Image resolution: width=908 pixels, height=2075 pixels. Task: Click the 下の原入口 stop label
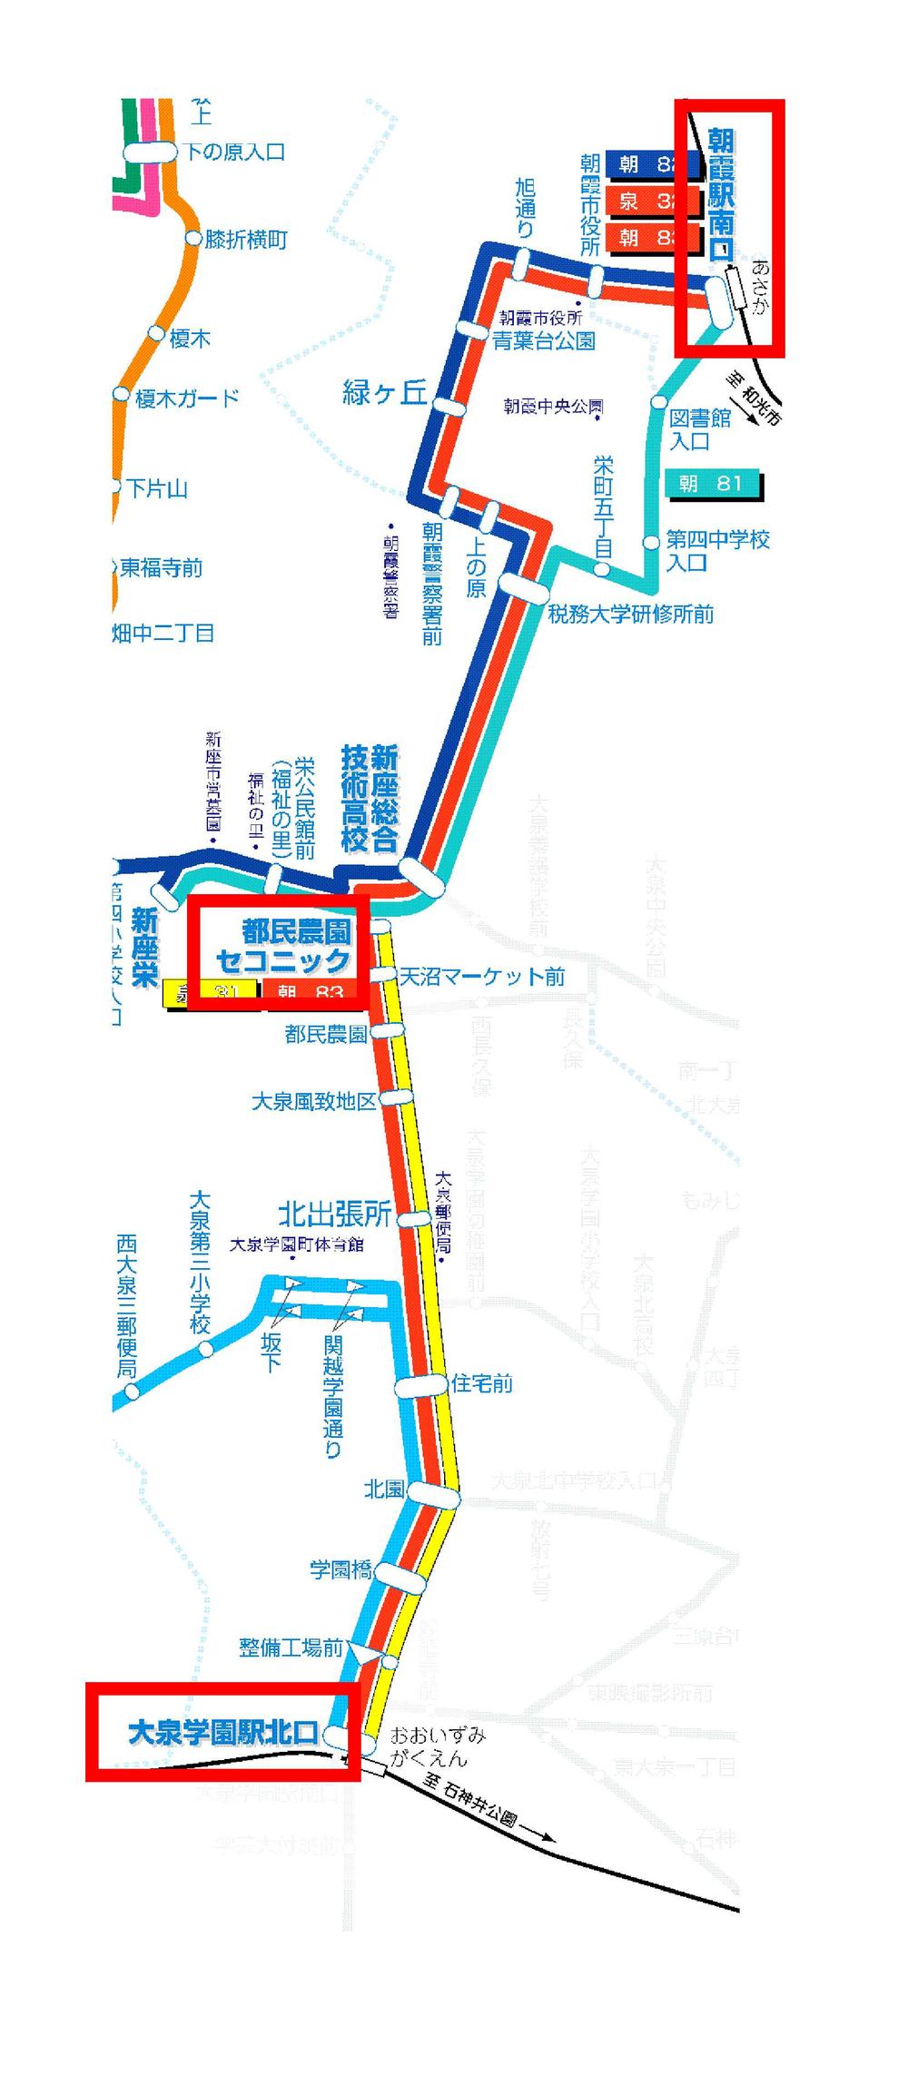click(235, 152)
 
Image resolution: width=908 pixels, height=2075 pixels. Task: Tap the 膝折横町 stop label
click(246, 240)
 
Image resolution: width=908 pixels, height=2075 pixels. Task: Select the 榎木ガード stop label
click(188, 398)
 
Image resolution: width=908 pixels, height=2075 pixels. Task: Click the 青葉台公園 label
click(544, 341)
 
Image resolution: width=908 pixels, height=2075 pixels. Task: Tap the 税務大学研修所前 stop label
click(631, 615)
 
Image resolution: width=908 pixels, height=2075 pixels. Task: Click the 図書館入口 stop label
click(701, 429)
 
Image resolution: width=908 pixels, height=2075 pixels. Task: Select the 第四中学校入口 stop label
click(717, 550)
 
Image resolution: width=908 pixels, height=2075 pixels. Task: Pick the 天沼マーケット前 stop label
click(483, 976)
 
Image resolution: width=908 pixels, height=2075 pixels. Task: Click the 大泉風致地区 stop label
click(313, 1101)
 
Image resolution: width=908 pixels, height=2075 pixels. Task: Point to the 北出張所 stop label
click(334, 1214)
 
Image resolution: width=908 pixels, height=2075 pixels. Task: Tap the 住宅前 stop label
click(482, 1383)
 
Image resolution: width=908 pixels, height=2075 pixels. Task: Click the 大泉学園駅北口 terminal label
click(222, 1733)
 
